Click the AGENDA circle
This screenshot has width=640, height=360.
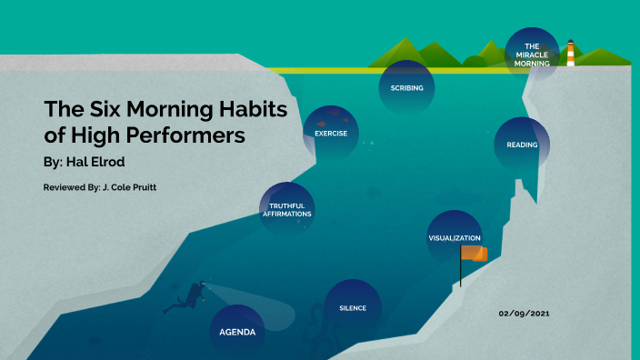237,332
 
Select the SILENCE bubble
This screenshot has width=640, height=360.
353,307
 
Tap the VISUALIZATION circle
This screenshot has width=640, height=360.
454,237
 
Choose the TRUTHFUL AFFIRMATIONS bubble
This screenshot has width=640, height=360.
287,210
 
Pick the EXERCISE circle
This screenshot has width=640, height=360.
331,134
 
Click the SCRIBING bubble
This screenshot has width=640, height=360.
406,87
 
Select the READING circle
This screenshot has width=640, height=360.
522,145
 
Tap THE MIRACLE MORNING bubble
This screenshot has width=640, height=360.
532,55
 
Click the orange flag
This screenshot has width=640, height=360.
474,253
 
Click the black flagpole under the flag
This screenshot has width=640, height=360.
461,273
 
